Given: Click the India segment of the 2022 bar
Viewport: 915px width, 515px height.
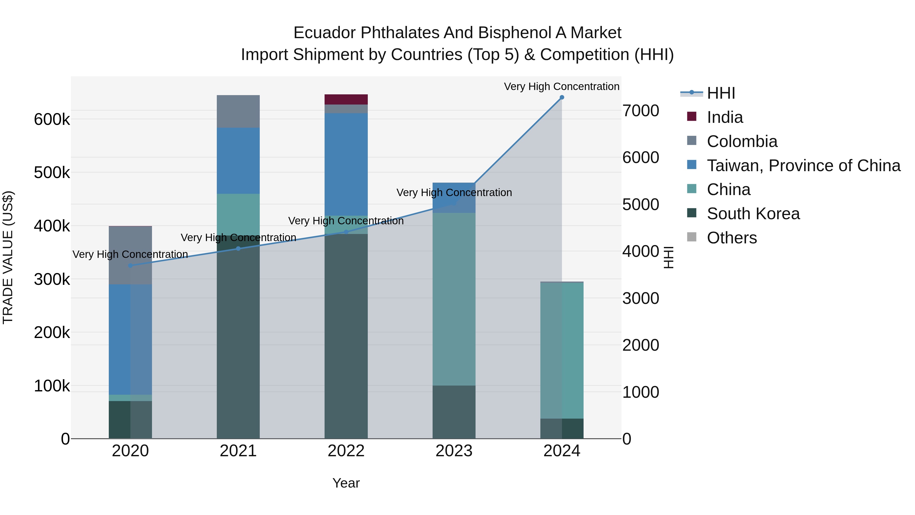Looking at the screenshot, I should point(346,99).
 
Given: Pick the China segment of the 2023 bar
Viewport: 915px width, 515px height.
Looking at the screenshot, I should point(454,299).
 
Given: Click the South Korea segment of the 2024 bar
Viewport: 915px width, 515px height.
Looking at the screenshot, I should point(561,428).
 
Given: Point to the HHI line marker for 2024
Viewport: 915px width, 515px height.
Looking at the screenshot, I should point(561,97).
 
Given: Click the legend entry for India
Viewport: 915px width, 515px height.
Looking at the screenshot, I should point(725,117).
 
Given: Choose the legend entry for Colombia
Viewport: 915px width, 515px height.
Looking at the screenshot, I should point(742,141).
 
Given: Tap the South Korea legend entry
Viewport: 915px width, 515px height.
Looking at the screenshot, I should point(753,214).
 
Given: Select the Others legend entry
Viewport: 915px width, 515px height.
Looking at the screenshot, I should point(732,238).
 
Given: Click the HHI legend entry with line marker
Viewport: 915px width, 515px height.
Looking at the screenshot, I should point(720,93).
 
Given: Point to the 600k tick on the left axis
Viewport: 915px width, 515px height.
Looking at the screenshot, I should point(52,120).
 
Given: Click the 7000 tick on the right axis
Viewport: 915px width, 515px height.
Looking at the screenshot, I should point(640,111).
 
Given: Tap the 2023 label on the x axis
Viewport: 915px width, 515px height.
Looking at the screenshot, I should point(454,451).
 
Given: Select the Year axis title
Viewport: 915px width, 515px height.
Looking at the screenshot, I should point(346,483).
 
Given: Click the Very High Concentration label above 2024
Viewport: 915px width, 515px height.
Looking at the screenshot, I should point(561,86).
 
